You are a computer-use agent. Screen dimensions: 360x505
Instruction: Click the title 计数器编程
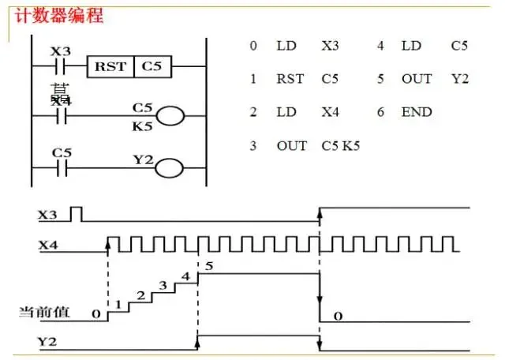(x=54, y=15)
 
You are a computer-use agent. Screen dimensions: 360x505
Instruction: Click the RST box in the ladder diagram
(x=110, y=66)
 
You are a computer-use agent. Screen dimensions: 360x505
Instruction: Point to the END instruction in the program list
(x=417, y=112)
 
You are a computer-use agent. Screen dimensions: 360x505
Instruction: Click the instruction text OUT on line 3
(x=291, y=146)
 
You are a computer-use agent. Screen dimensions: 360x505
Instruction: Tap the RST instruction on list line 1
(x=290, y=79)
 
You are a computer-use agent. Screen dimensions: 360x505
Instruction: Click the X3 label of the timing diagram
(x=47, y=214)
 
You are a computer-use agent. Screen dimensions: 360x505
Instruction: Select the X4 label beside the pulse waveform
(x=47, y=246)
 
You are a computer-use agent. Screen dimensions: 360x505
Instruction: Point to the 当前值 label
(x=44, y=313)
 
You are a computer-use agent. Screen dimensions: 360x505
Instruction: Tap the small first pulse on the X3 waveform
(x=77, y=213)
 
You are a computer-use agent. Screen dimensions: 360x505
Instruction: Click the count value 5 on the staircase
(x=208, y=265)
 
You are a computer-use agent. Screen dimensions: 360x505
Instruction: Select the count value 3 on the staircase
(x=163, y=285)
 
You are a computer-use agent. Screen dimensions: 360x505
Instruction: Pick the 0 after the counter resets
(x=337, y=316)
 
